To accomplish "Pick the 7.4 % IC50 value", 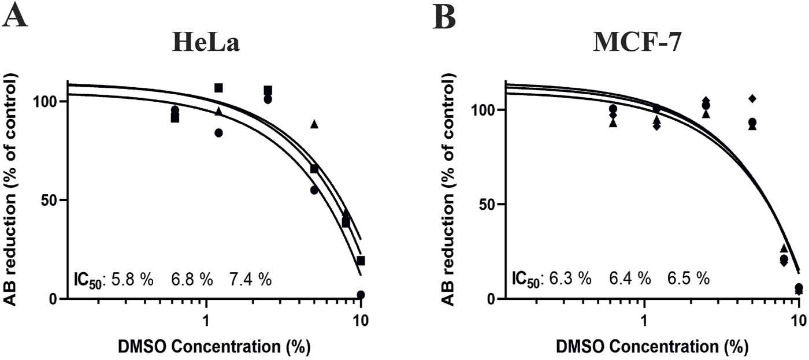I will point(250,280).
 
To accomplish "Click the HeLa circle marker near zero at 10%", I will point(361,295).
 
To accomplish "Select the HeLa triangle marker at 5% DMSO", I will point(314,124).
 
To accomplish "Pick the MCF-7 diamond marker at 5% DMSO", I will point(752,99).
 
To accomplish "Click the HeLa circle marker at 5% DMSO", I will point(314,190).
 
